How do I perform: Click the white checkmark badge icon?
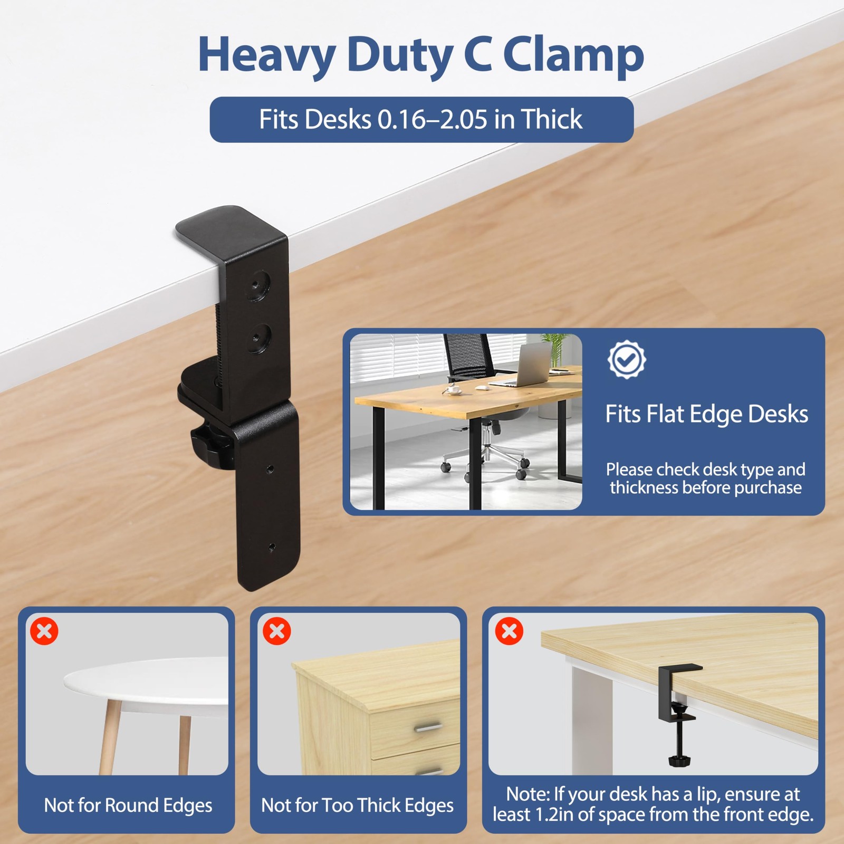click(x=626, y=360)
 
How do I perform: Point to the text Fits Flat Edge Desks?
click(x=706, y=414)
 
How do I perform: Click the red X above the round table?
click(x=44, y=631)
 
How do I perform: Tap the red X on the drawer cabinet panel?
click(x=277, y=631)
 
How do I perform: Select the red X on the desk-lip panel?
click(x=510, y=631)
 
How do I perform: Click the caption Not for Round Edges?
click(x=128, y=805)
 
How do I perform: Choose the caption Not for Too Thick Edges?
click(x=358, y=805)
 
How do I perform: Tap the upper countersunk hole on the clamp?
click(x=258, y=285)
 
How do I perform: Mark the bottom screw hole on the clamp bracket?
click(x=272, y=546)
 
